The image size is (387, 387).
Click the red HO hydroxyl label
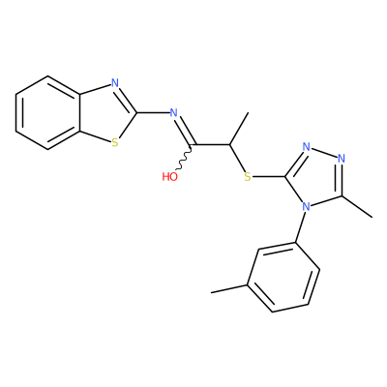tap(170, 176)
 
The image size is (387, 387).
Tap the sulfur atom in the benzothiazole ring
tap(115, 142)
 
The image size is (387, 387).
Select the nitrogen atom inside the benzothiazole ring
tap(115, 83)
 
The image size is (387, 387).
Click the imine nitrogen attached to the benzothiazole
tap(174, 112)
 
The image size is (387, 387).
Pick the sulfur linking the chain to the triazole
tap(248, 176)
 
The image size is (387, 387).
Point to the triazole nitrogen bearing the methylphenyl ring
tap(306, 206)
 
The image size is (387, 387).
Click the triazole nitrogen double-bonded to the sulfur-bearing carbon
tap(307, 147)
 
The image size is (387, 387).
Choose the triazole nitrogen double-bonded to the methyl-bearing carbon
tap(342, 159)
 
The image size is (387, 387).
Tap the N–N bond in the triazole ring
tap(324, 153)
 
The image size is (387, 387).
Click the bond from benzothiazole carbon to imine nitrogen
tap(154, 113)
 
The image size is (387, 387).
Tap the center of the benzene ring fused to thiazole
tap(47, 113)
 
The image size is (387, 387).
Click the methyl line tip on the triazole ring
tap(372, 217)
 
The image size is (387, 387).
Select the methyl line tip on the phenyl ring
tap(211, 292)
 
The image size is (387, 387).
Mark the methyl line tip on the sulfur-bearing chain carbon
tap(248, 113)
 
